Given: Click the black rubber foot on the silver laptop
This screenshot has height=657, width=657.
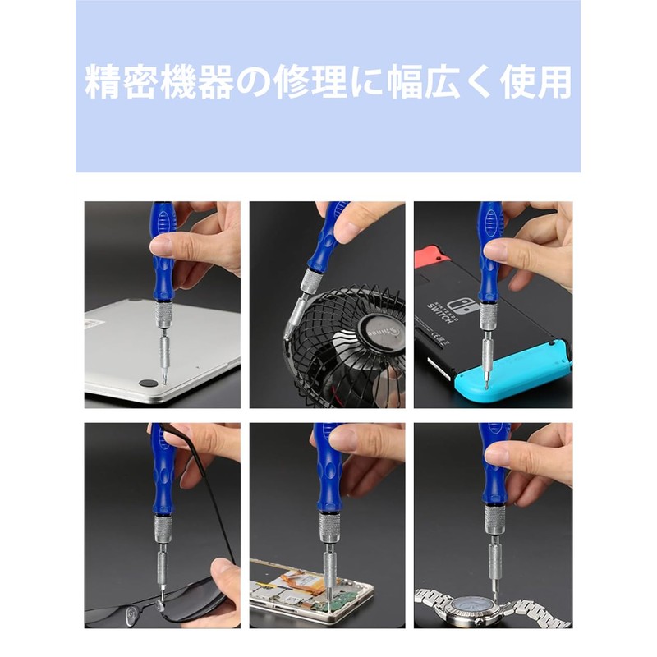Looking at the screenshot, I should [149, 384].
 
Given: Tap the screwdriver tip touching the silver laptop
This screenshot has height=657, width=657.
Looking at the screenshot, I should [164, 379].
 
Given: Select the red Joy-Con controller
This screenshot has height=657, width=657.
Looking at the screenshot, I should [430, 255].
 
